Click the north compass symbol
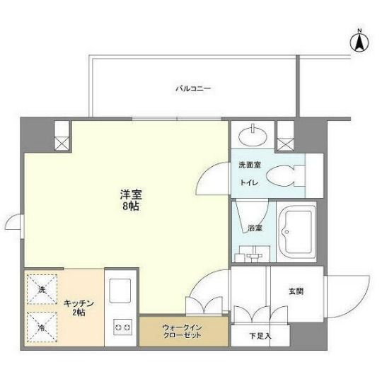359,42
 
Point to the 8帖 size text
128,208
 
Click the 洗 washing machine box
41,290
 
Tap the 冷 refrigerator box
41,327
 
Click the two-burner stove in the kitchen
122,327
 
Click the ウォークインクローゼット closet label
183,330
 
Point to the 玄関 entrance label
296,291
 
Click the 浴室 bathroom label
255,228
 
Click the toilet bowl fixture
286,175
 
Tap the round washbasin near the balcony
252,134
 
